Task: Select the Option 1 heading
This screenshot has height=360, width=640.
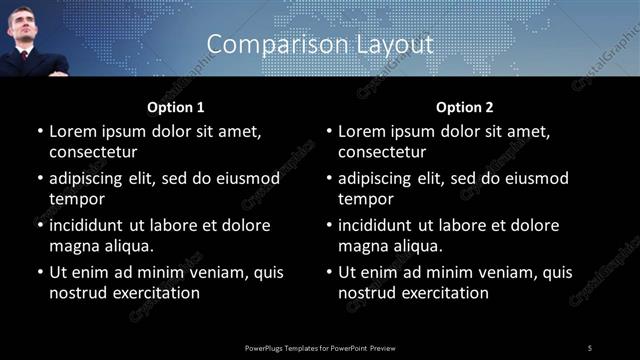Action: tap(176, 106)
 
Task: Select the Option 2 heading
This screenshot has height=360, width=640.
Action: tap(465, 106)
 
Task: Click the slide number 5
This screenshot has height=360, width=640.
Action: tap(590, 347)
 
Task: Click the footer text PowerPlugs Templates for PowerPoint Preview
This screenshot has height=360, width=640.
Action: tap(320, 347)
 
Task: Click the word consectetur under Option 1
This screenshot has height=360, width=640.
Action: tap(93, 152)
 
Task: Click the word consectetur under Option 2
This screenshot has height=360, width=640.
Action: tap(383, 152)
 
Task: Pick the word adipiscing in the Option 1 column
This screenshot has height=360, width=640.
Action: tap(87, 178)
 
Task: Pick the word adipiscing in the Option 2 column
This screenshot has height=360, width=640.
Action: tap(377, 178)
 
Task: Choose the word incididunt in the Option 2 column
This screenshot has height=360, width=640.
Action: tap(378, 225)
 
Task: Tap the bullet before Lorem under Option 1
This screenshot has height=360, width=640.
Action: tap(39, 131)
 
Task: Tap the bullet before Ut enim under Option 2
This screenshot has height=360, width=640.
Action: tap(329, 272)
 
